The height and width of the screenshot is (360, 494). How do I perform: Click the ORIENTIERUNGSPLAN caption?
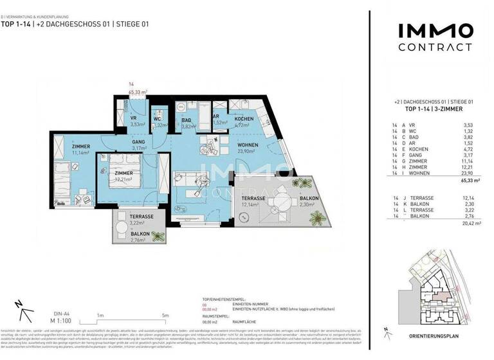pyautogui.click(x=434, y=336)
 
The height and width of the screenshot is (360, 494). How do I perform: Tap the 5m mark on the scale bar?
pyautogui.click(x=166, y=315)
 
